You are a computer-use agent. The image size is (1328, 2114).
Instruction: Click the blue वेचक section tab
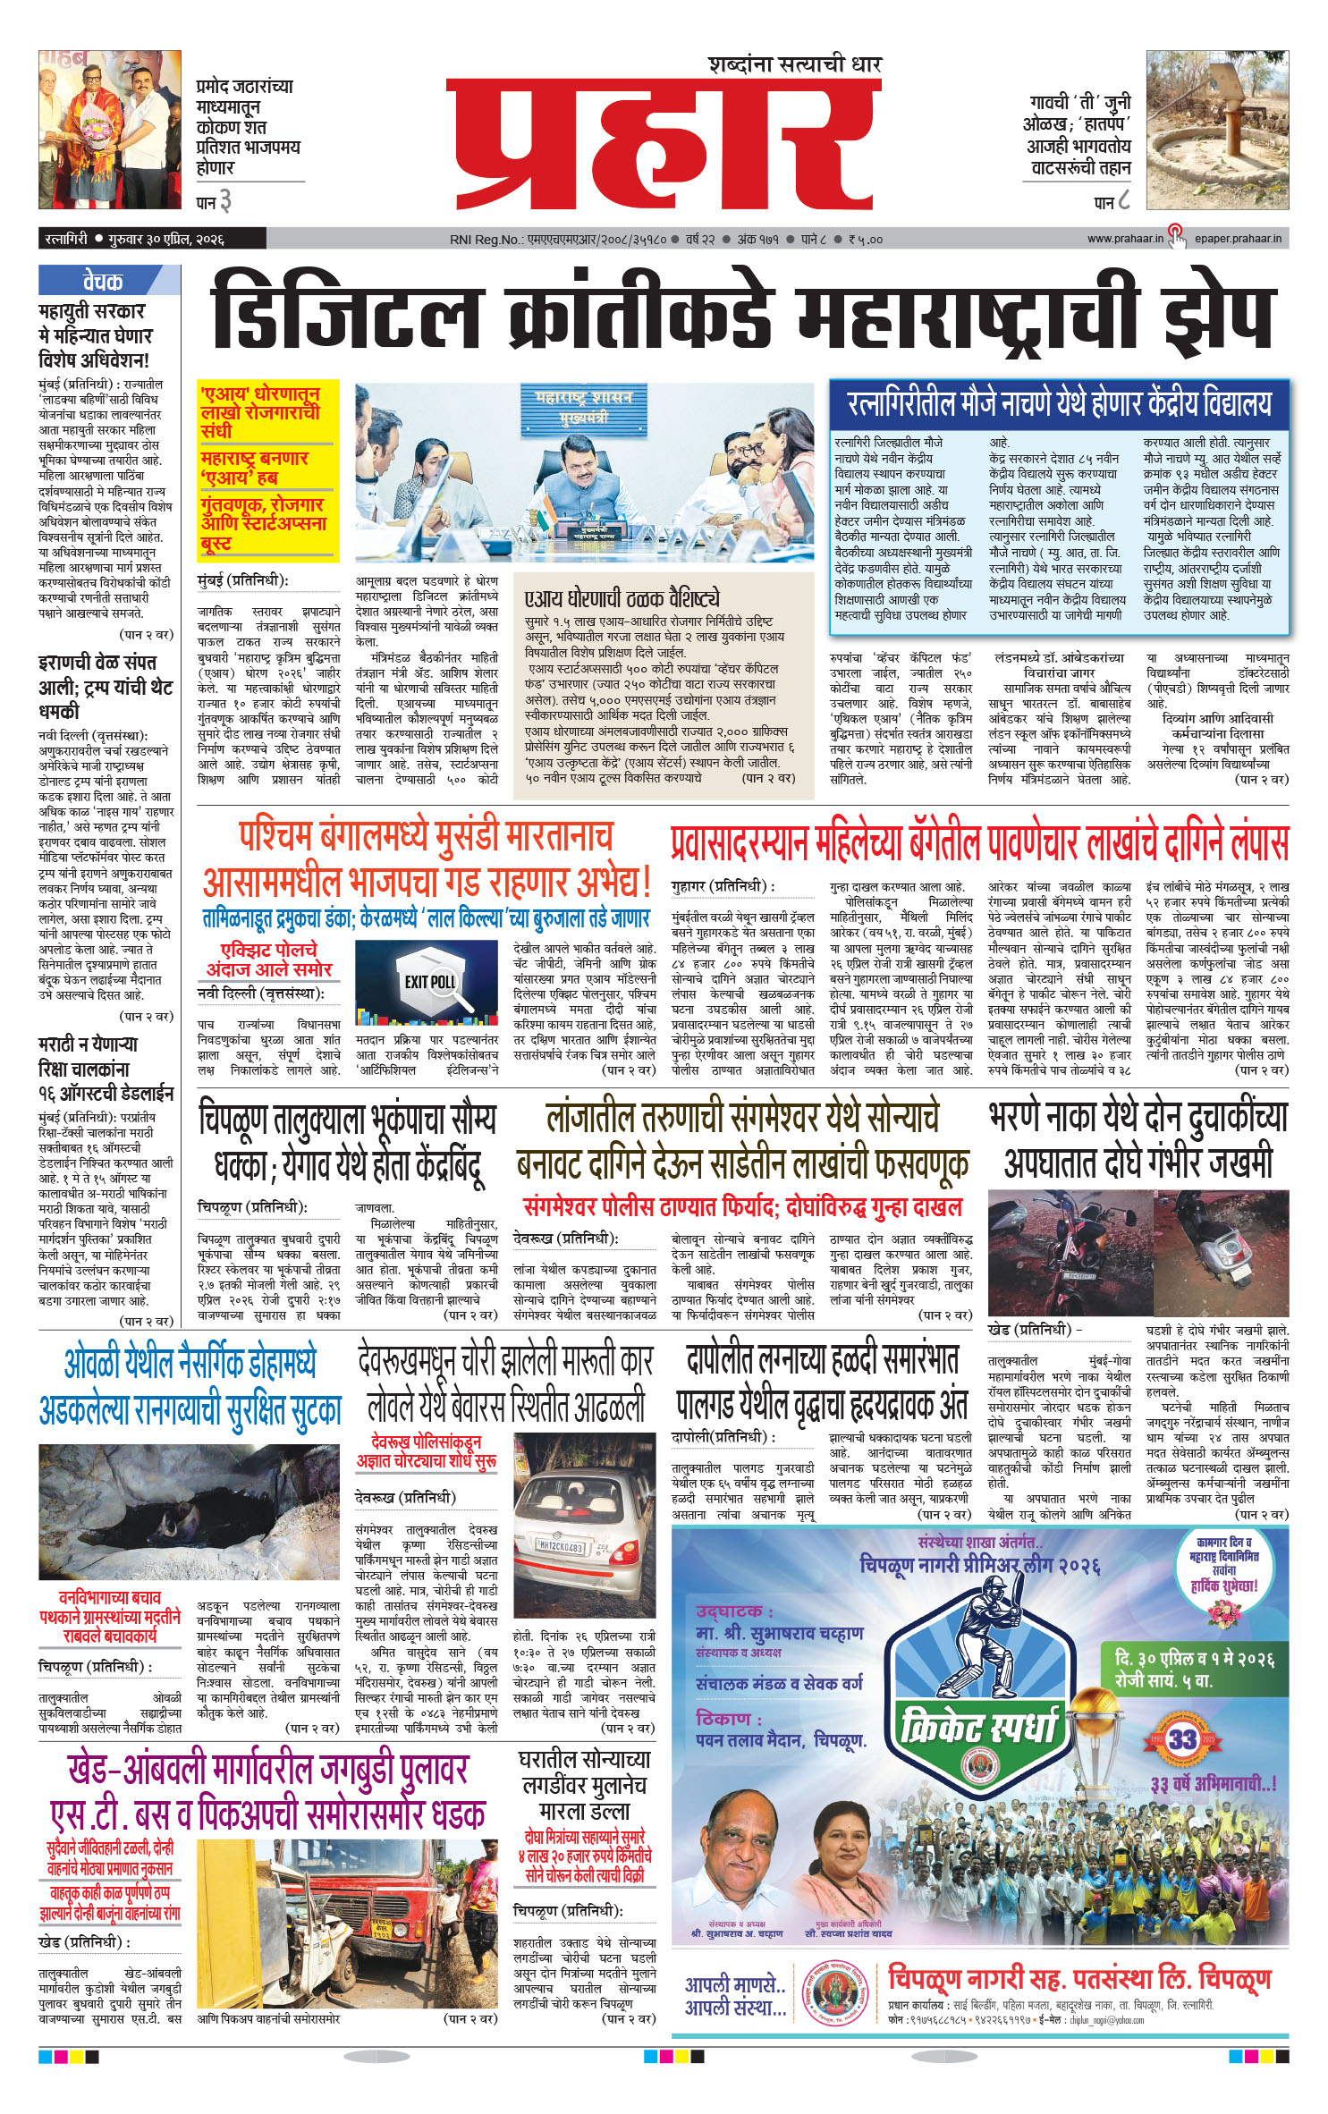(104, 282)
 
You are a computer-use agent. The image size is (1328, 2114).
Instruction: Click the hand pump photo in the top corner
(1217, 129)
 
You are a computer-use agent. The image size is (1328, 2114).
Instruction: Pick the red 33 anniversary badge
(1181, 1739)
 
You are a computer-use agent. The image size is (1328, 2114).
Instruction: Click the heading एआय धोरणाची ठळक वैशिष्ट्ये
(622, 598)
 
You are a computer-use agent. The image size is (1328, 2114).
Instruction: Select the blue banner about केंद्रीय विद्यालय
(1059, 404)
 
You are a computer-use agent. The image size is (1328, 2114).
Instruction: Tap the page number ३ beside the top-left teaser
(225, 202)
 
